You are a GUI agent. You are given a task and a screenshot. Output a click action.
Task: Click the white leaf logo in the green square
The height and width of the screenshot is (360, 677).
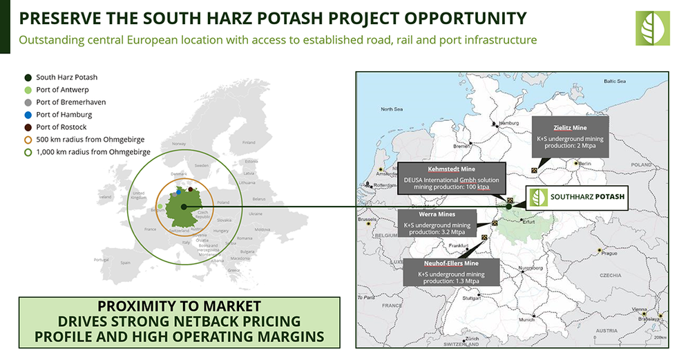pyautogui.click(x=652, y=28)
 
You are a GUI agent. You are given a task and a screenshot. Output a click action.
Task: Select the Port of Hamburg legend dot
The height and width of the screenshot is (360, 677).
pyautogui.click(x=28, y=114)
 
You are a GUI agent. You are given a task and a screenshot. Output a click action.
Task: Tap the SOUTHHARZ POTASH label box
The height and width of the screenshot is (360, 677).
pyautogui.click(x=576, y=197)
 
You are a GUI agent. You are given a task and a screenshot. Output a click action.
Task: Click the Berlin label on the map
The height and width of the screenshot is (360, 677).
pyautogui.click(x=585, y=164)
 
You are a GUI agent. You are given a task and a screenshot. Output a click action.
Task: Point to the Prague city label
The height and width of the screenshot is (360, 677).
pyautogui.click(x=609, y=254)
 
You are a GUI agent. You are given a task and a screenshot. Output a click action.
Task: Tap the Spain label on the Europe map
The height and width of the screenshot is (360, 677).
pyautogui.click(x=125, y=263)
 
